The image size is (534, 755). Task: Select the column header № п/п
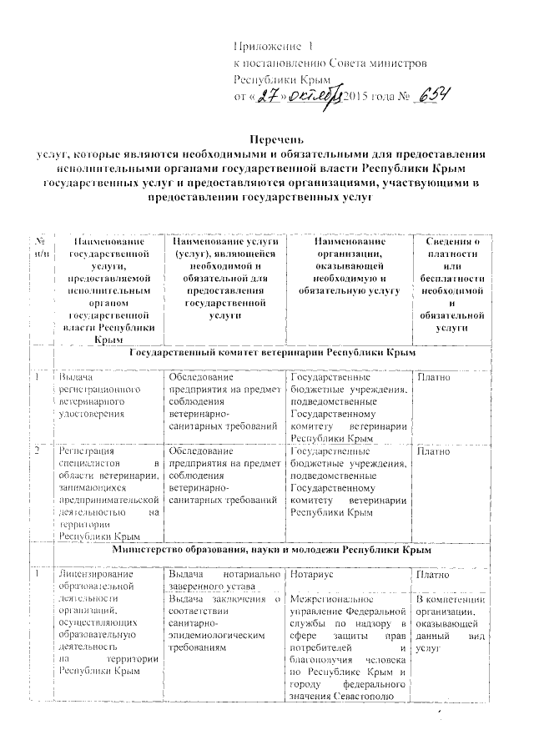coord(40,247)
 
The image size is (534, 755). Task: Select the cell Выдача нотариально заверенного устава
coord(224,581)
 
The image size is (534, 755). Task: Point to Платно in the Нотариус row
coord(434,576)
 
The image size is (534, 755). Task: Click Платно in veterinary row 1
coord(434,378)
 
